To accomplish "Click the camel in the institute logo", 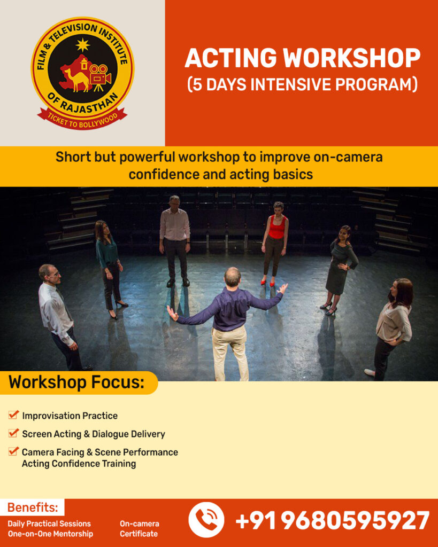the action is [77, 80].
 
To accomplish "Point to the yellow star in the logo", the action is [83, 45].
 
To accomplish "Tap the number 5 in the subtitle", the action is [198, 85].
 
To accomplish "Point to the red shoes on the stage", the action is [267, 283].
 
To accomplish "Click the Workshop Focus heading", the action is [76, 382].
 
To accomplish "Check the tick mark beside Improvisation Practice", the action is [13, 415].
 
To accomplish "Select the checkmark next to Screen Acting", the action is [13, 433].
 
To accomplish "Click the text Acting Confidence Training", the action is [79, 464].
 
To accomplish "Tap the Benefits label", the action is [33, 507].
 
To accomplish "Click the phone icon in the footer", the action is [206, 520].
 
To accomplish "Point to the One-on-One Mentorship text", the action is [50, 534].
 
